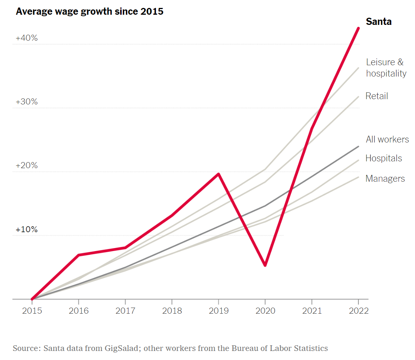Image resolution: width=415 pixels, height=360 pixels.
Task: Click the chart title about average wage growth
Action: click(90, 12)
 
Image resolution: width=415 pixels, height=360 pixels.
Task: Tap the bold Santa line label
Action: click(378, 22)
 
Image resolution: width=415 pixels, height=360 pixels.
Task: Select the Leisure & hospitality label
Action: click(386, 68)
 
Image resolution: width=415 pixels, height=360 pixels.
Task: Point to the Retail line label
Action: click(377, 96)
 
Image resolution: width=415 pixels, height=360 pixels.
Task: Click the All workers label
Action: click(387, 139)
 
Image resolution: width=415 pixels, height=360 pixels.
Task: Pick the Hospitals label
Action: click(383, 158)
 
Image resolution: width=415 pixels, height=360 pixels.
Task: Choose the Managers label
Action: click(385, 179)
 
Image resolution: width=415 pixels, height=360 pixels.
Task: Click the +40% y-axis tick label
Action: click(26, 38)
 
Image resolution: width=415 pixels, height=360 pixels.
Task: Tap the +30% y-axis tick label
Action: click(26, 102)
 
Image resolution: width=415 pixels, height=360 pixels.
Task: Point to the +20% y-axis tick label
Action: click(26, 165)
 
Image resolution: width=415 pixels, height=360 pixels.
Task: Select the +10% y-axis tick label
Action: click(26, 229)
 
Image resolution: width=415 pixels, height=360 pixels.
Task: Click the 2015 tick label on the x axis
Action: click(32, 311)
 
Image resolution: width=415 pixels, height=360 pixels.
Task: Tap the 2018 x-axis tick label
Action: click(172, 311)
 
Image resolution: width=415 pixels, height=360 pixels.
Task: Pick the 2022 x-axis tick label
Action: click(358, 311)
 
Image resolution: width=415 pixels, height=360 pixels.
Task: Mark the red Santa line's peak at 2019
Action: click(218, 174)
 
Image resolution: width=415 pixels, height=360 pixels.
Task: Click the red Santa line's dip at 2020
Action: click(265, 265)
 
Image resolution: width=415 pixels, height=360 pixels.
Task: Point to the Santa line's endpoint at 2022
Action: click(358, 28)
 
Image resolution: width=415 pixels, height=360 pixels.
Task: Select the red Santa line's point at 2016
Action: click(78, 255)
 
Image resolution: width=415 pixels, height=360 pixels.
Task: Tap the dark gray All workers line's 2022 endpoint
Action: click(358, 146)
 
